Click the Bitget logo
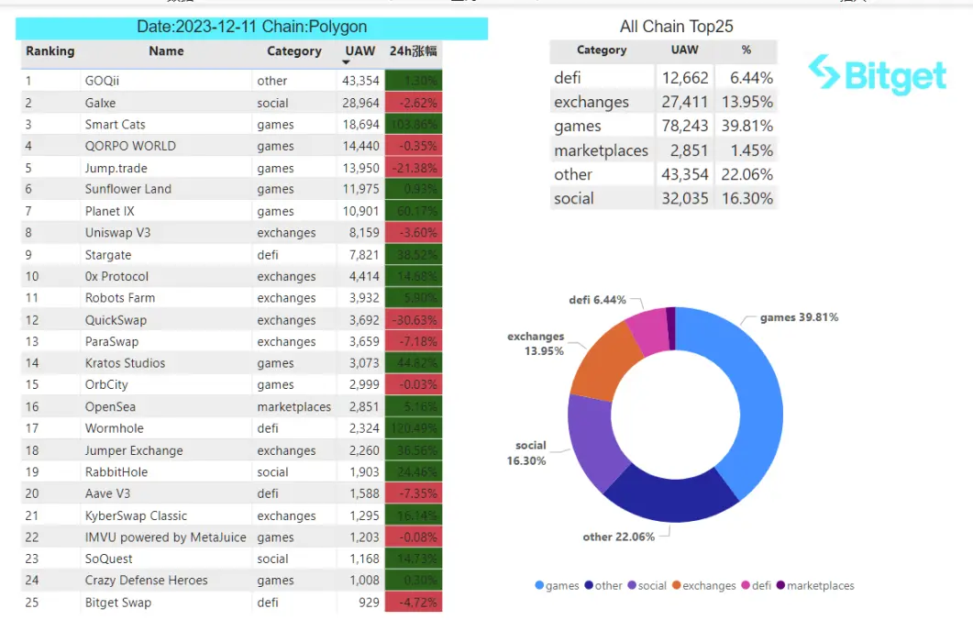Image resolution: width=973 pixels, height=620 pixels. click(x=878, y=74)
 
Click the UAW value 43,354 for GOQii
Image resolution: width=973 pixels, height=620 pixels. click(x=360, y=81)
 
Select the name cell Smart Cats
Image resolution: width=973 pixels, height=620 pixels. click(x=115, y=125)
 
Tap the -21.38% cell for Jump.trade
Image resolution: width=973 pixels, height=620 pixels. click(x=414, y=168)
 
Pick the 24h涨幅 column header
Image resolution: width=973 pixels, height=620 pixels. click(x=414, y=51)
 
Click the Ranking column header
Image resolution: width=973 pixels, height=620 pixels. click(x=50, y=51)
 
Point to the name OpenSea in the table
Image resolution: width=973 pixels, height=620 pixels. click(x=112, y=407)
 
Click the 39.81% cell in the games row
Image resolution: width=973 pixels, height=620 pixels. click(x=746, y=127)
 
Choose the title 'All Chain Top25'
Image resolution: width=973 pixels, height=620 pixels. click(x=676, y=27)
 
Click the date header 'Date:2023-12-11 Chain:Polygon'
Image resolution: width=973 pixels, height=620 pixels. click(x=251, y=28)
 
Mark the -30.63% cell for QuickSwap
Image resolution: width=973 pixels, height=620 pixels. click(x=414, y=320)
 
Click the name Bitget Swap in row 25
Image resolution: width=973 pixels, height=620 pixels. click(x=117, y=603)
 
